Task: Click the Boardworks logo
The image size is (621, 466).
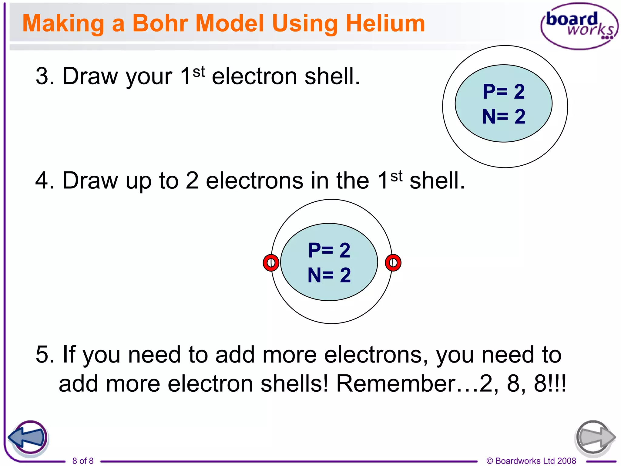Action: click(x=579, y=26)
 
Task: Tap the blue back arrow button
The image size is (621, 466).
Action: click(x=28, y=438)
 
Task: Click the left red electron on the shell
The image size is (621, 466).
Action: click(x=271, y=263)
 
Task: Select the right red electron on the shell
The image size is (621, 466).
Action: click(x=393, y=263)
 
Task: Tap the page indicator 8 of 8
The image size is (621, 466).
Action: click(x=83, y=461)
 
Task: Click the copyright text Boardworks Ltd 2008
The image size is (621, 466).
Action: click(x=531, y=461)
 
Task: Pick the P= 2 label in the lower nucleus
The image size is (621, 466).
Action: click(x=329, y=250)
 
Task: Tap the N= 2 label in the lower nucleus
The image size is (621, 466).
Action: click(x=329, y=275)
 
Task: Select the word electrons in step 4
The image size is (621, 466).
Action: click(x=255, y=181)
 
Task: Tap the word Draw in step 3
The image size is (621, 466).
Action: click(x=90, y=76)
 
